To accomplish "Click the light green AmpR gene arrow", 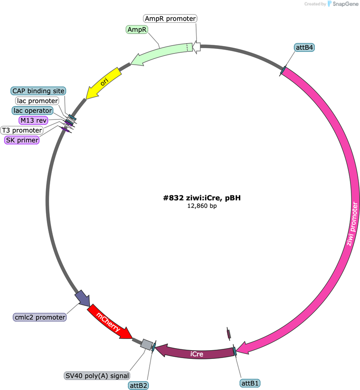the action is [x=162, y=53].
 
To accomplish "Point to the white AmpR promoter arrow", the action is [x=197, y=47].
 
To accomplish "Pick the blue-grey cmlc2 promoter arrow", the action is [x=83, y=298].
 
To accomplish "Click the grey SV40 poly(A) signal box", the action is [x=146, y=344].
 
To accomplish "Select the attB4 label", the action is [x=304, y=47].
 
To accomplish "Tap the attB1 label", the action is [x=250, y=383].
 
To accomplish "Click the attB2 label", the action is [x=139, y=385].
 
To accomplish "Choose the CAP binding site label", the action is [x=38, y=91].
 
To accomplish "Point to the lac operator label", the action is [x=33, y=110].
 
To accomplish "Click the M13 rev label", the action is [x=33, y=120].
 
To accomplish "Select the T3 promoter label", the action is [x=22, y=130].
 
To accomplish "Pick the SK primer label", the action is [x=22, y=140].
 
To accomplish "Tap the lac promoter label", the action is [x=37, y=101].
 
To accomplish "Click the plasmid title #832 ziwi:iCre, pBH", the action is [x=202, y=198].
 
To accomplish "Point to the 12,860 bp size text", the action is [x=202, y=206].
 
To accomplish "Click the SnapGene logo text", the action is [x=345, y=4].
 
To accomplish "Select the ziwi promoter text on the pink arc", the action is [x=352, y=224].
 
